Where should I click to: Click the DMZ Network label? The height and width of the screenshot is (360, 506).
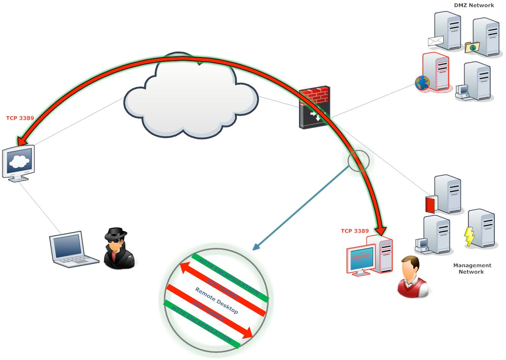pyautogui.click(x=474, y=5)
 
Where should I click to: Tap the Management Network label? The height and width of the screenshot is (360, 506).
pyautogui.click(x=472, y=268)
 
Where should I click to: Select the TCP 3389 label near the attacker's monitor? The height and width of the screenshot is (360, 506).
pyautogui.click(x=20, y=118)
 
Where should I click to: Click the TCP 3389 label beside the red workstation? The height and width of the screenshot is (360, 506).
pyautogui.click(x=355, y=231)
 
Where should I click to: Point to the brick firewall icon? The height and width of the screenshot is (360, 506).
pyautogui.click(x=314, y=108)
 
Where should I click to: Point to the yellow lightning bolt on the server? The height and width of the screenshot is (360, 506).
pyautogui.click(x=469, y=237)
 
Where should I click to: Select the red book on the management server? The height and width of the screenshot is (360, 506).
pyautogui.click(x=430, y=204)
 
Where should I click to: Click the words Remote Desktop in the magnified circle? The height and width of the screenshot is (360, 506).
pyautogui.click(x=216, y=300)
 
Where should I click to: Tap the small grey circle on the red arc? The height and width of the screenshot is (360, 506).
pyautogui.click(x=359, y=161)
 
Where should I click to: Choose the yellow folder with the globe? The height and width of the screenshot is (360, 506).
pyautogui.click(x=472, y=47)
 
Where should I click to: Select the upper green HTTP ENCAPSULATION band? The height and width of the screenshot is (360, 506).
pyautogui.click(x=230, y=277)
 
